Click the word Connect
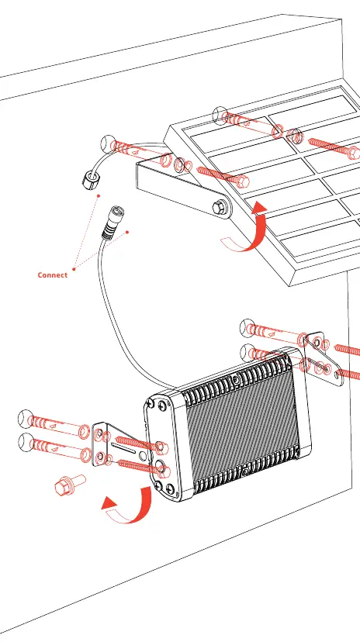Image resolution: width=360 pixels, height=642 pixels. tap(53, 274)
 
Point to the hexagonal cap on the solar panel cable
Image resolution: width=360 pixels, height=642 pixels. tap(91, 179)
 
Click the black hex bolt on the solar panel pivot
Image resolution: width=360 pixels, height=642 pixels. tap(220, 207)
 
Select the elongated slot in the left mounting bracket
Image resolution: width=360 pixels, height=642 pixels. tap(123, 447)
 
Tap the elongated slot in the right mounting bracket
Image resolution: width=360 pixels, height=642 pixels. tap(319, 364)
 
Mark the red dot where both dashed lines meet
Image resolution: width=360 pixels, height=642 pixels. tap(74, 269)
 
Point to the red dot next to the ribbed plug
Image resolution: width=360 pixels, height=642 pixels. tap(127, 232)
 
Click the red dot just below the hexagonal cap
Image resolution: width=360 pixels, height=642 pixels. tap(99, 195)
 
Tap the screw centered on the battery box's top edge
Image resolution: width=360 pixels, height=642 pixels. tap(236, 379)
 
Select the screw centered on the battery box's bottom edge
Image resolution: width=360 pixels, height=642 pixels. tap(247, 472)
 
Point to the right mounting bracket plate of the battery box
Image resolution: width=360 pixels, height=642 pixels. tap(324, 361)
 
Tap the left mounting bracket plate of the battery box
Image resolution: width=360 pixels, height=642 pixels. tap(119, 447)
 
